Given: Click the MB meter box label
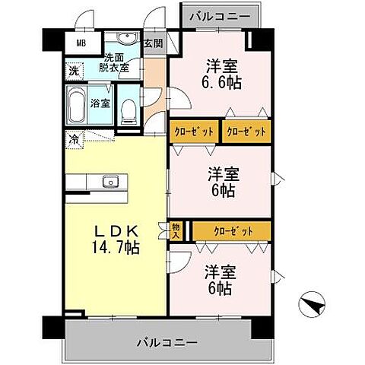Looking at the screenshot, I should [x=80, y=43].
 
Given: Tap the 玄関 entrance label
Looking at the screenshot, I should [x=154, y=43].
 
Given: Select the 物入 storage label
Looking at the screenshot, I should [x=175, y=230].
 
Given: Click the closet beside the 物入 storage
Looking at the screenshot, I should [x=232, y=229].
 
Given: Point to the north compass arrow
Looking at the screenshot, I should [x=313, y=306].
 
